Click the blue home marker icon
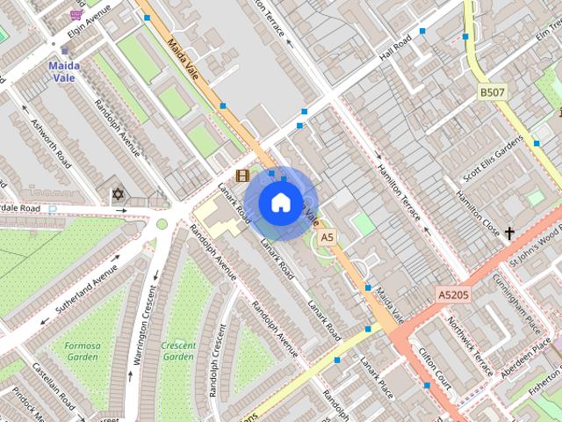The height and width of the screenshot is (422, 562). [280, 203]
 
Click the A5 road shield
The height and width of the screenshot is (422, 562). [328, 237]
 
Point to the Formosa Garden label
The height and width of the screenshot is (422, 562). [83, 351]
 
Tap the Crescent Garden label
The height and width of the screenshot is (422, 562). [178, 351]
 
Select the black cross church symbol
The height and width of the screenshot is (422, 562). [509, 233]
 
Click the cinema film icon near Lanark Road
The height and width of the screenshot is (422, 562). [242, 176]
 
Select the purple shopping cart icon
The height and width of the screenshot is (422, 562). [77, 15]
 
